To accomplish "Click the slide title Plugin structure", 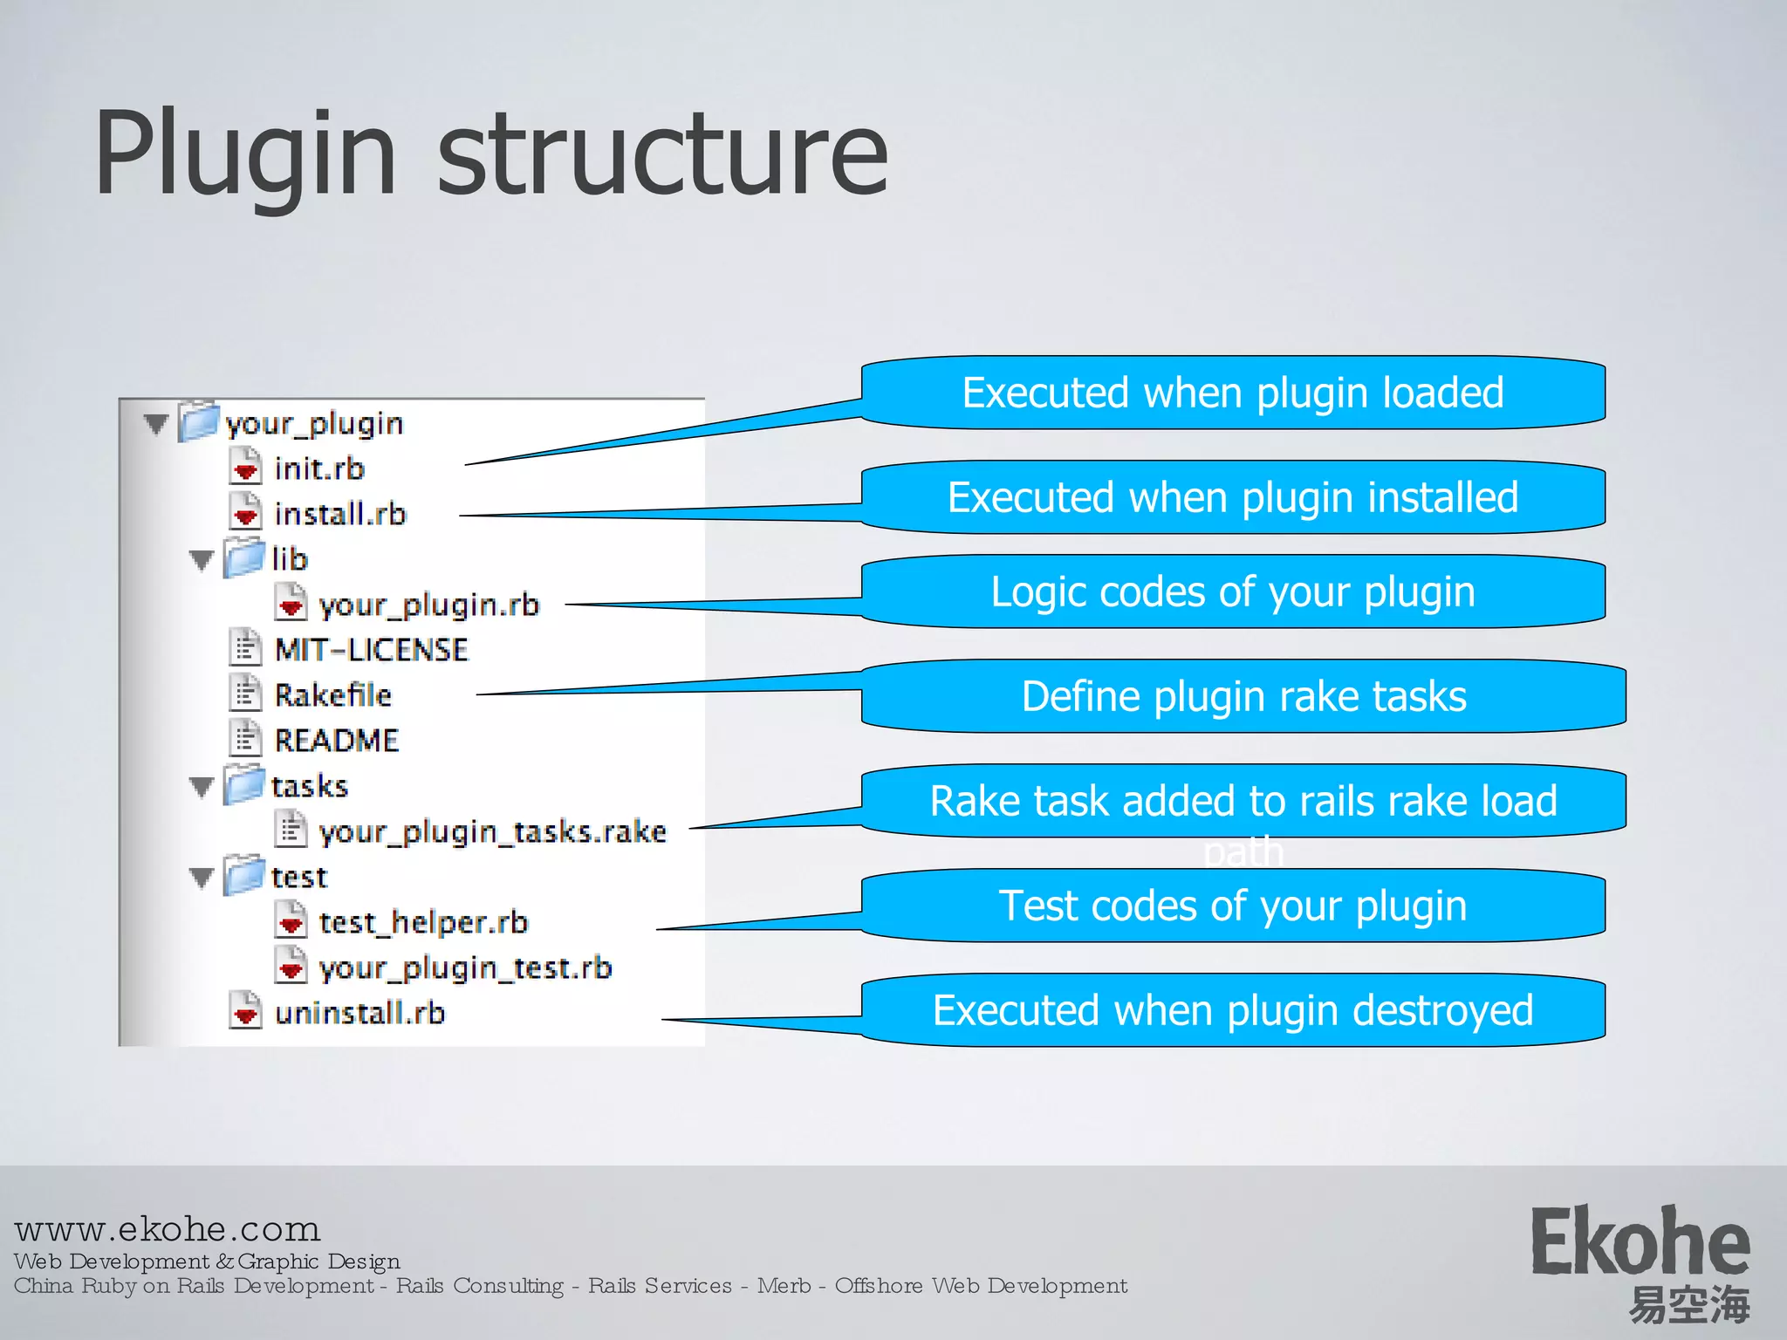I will coord(490,154).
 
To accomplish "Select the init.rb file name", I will coord(318,468).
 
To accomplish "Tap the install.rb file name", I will coord(340,514).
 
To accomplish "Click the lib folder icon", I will coord(243,558).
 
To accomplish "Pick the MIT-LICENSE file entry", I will coord(371,650).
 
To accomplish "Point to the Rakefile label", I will coord(332,695).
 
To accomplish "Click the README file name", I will coord(336,741).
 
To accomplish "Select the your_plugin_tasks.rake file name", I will coord(492,831).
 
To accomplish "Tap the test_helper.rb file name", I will coord(423,922).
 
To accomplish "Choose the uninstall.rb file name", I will coord(359,1013).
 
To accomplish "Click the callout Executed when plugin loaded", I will coord(1232,393).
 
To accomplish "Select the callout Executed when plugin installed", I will coord(1232,497).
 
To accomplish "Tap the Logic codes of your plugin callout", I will coord(1232,591).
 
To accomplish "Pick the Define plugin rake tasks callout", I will coord(1243,696).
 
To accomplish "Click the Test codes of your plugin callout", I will coord(1232,906).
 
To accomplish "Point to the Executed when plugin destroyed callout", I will coord(1232,1010).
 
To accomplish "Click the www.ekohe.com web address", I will coord(168,1229).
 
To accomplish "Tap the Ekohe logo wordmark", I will coord(1640,1241).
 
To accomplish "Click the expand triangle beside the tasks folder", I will coord(202,787).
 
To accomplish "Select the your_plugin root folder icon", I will coord(198,422).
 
